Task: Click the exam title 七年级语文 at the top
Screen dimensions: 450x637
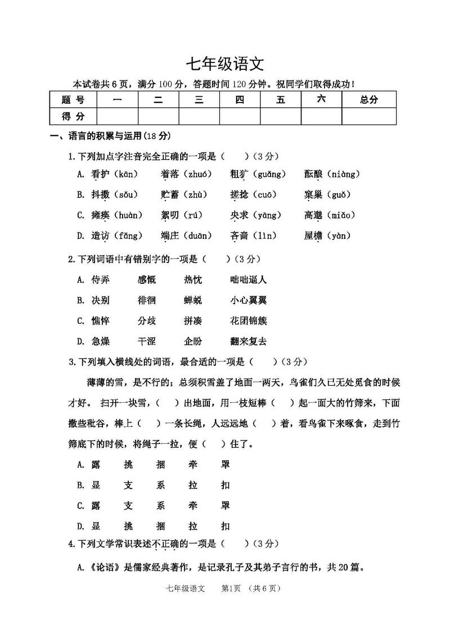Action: pos(224,63)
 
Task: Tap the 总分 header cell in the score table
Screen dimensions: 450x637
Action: pos(368,100)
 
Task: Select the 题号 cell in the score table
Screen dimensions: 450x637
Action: pos(73,100)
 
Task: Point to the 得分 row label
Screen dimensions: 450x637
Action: pos(73,116)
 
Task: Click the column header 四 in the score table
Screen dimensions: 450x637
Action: pos(240,100)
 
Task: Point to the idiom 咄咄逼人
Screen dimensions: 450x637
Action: pos(249,279)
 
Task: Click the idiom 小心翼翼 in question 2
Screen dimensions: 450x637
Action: pos(249,300)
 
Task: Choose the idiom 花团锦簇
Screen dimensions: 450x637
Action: pos(249,320)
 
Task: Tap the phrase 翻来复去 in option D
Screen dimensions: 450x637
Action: pos(249,341)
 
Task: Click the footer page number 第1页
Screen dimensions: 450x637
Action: pos(231,589)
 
